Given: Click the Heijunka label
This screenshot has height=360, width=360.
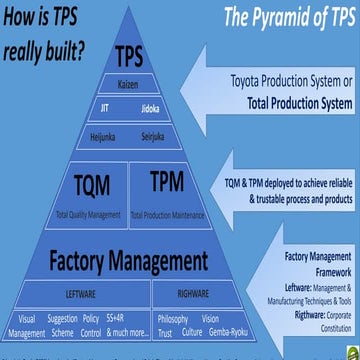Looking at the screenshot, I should [x=104, y=132].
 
